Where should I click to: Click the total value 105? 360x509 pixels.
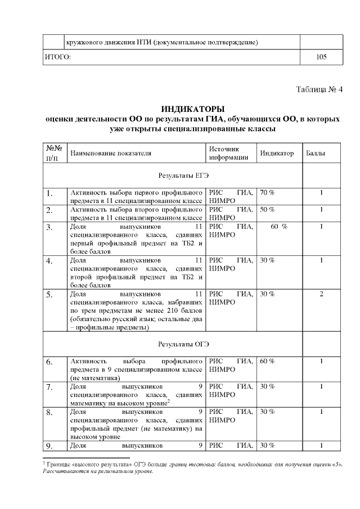(x=321, y=57)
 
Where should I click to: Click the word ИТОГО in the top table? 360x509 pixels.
(x=57, y=57)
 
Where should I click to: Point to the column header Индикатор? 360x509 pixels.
(x=277, y=153)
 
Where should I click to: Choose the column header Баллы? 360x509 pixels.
(x=314, y=153)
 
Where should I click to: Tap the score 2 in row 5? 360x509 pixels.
(x=321, y=294)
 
